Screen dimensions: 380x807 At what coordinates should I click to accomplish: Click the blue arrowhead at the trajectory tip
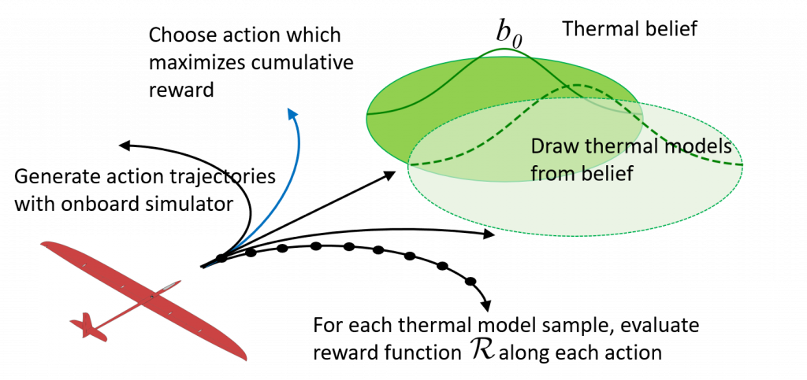point(293,115)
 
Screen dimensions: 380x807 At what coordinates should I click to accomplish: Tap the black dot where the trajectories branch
point(221,259)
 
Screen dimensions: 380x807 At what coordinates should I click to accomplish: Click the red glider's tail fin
point(87,324)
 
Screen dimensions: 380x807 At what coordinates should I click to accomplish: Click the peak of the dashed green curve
point(580,85)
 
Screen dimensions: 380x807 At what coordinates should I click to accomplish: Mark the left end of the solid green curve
point(369,114)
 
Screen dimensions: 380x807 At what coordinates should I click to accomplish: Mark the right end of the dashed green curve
point(742,165)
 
